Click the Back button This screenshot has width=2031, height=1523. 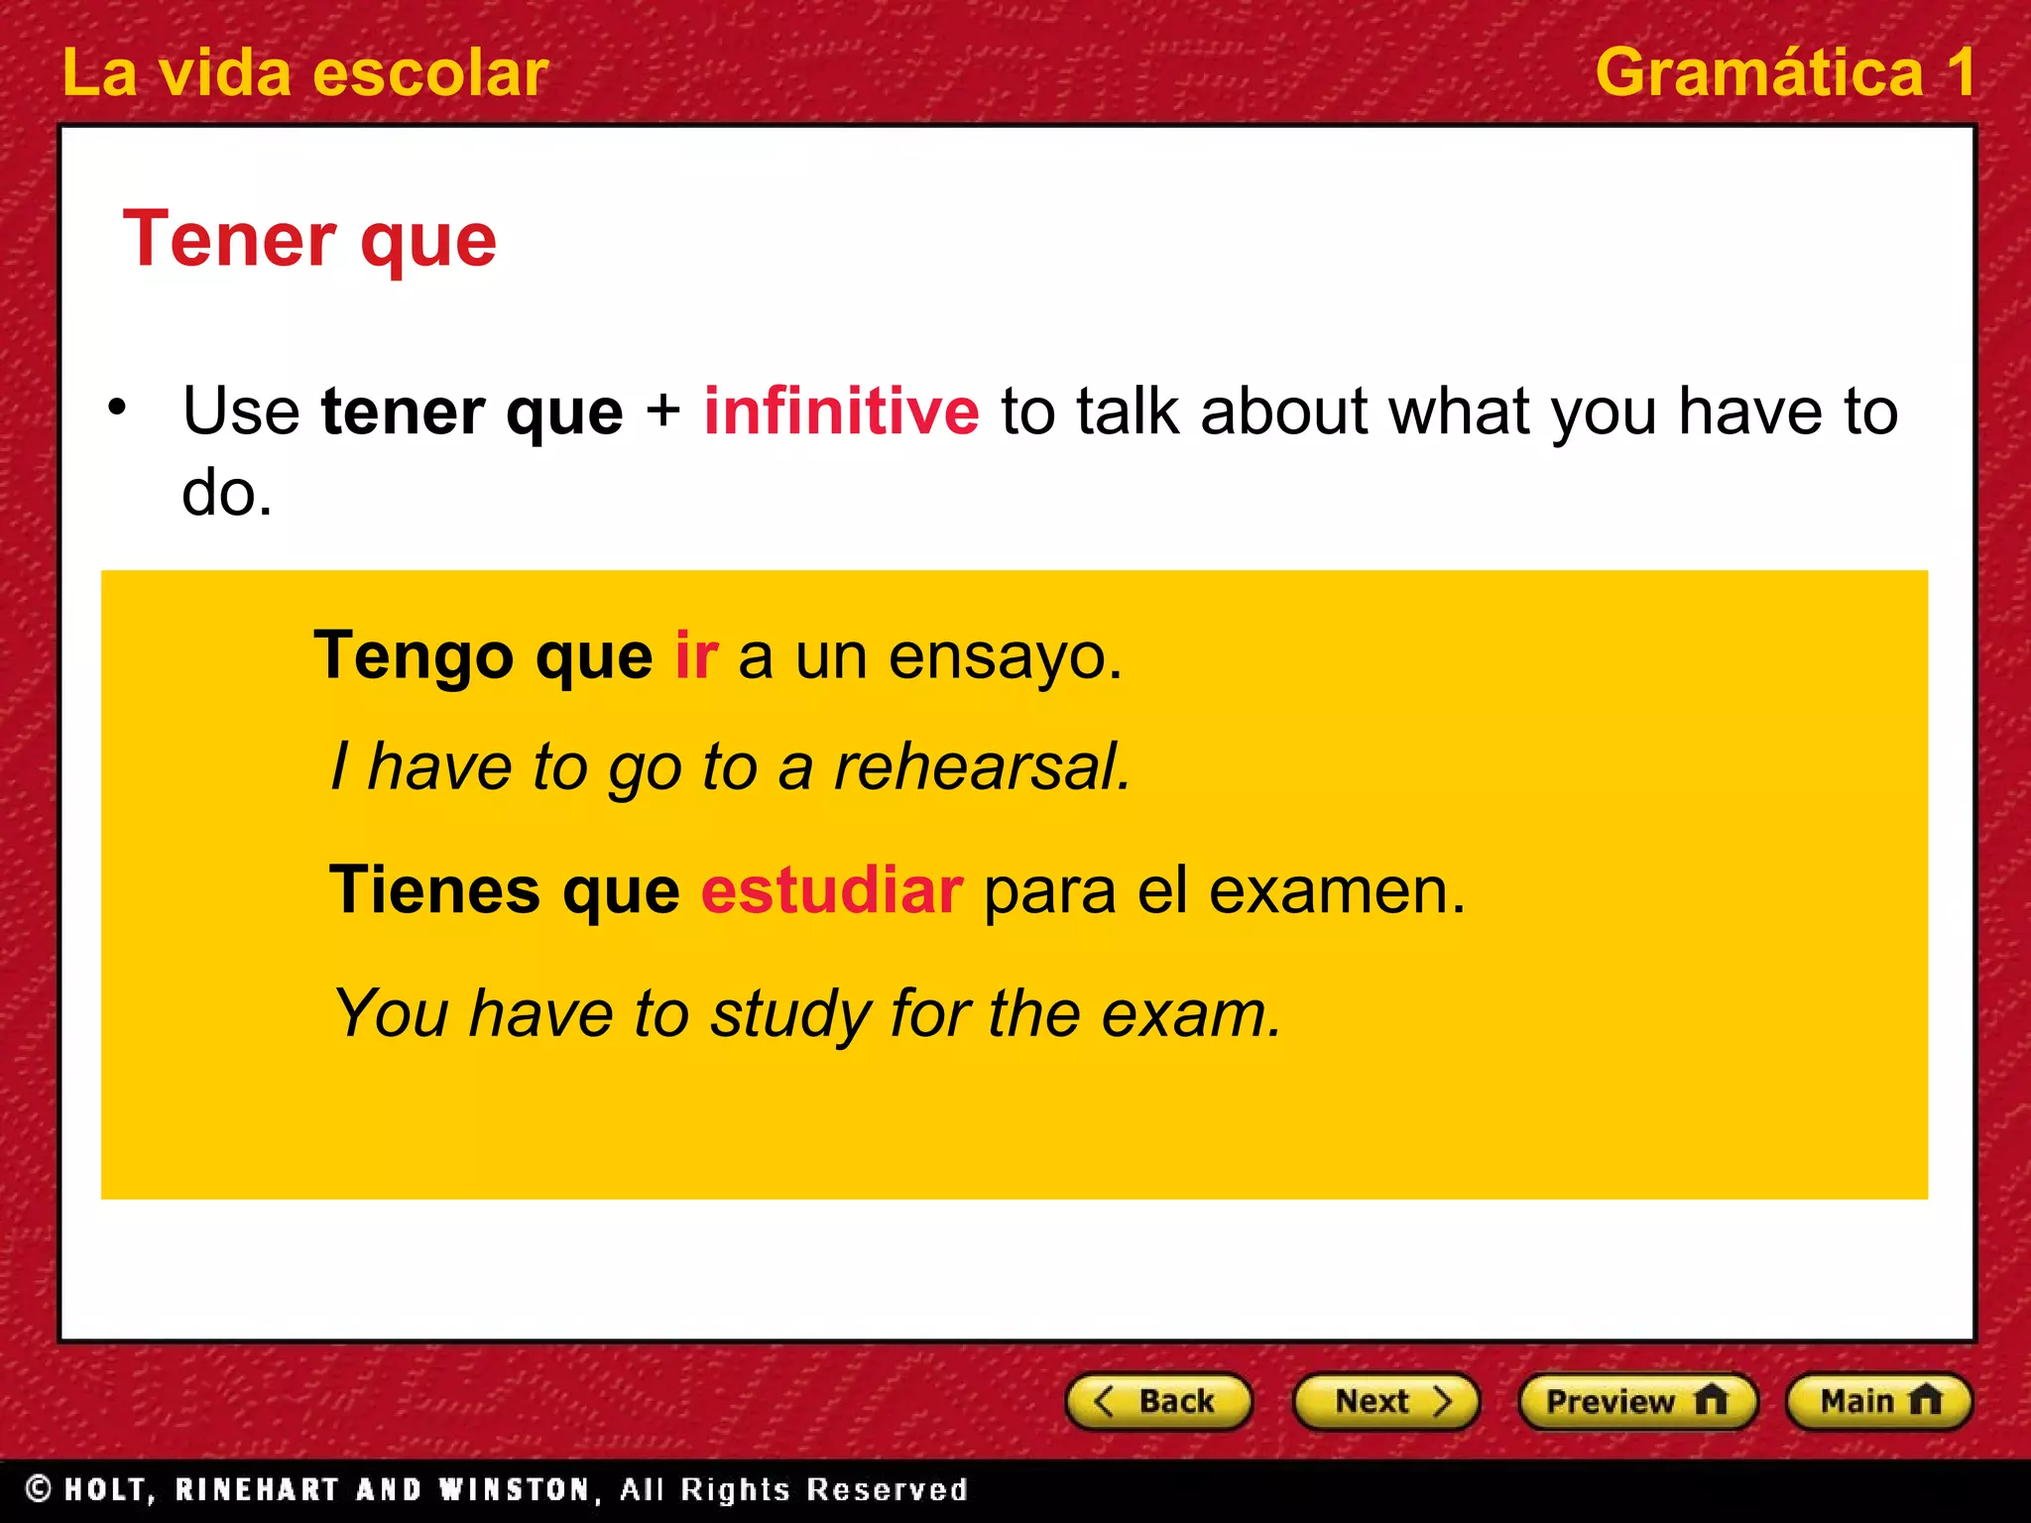coord(1158,1401)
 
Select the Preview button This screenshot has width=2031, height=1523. coord(1637,1401)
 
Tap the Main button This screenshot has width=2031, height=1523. coord(1878,1401)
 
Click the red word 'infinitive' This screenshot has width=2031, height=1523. coord(841,410)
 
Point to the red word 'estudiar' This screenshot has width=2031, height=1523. coord(831,889)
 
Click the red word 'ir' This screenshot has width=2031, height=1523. coord(696,655)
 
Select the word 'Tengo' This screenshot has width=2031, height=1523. coord(414,657)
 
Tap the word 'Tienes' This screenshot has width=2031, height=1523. coord(434,889)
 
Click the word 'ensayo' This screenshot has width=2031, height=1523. coord(1003,657)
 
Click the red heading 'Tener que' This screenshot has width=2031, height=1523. coord(309,240)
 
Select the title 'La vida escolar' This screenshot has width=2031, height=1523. coord(304,72)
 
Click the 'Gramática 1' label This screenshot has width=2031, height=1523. coord(1783,72)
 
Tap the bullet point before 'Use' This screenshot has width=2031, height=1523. coord(118,408)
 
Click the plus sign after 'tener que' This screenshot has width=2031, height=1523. coord(662,410)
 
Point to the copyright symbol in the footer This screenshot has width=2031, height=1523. coord(39,1488)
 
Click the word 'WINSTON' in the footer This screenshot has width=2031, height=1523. coord(515,1489)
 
